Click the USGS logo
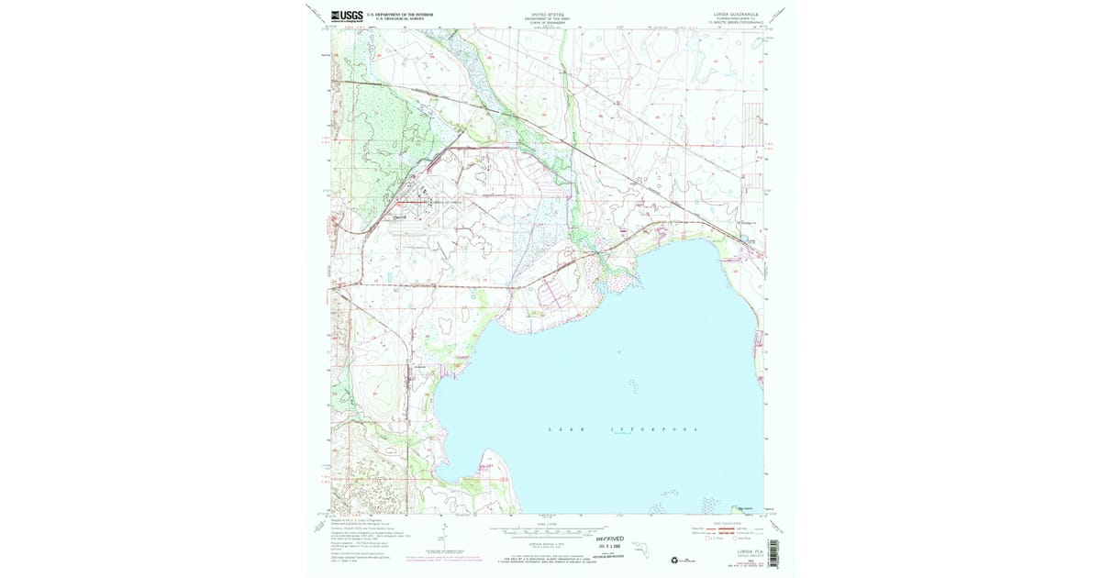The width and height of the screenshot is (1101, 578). (347, 16)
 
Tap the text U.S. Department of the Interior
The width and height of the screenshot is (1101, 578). (400, 14)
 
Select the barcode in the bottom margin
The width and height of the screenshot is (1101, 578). (772, 550)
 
